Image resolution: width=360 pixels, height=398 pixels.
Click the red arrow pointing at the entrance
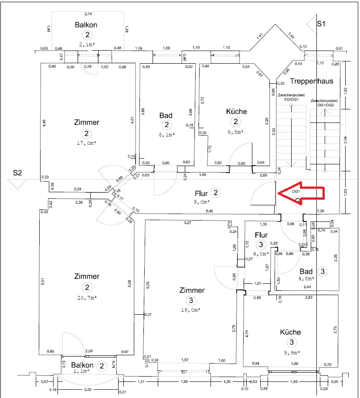[x=301, y=192]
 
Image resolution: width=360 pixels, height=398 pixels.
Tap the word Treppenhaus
[x=311, y=81]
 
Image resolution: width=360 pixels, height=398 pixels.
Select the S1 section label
[x=321, y=24]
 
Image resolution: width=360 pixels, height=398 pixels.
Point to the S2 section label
[x=17, y=173]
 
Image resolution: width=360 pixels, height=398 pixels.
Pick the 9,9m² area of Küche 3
[x=292, y=353]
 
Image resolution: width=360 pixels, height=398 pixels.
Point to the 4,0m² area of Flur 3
[x=261, y=253]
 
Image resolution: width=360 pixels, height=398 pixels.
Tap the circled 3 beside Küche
[x=292, y=342]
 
